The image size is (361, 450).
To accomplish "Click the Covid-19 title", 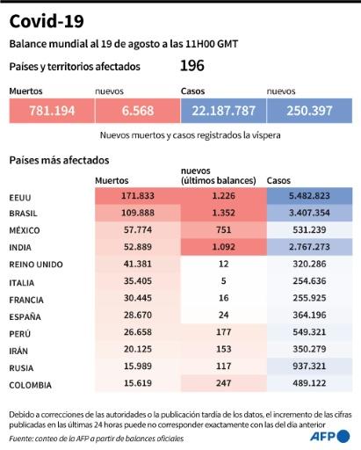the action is tap(47, 21).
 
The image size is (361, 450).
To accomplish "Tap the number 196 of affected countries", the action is tap(192, 66).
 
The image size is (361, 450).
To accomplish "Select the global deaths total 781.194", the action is tap(52, 111).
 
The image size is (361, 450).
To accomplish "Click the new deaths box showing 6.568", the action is tap(138, 111).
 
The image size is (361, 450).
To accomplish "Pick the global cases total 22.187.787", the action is tap(223, 111).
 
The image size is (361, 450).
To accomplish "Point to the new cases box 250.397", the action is tap(309, 111).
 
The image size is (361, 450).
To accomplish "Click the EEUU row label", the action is tap(20, 198).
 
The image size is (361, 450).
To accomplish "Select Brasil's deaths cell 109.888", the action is tap(138, 213).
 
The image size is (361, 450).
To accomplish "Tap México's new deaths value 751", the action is tap(224, 229).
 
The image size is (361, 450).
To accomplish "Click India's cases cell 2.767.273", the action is tap(309, 247).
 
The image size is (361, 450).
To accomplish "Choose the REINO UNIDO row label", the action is tap(36, 265).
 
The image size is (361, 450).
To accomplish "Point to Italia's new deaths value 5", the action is tap(224, 281).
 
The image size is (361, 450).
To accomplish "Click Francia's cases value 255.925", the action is tap(309, 298).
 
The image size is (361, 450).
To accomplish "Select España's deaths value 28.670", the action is tap(138, 315).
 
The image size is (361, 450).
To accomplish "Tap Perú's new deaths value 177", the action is tap(224, 332).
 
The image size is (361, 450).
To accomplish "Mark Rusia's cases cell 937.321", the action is tap(309, 366).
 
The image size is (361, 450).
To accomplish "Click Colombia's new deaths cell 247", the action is tap(224, 383).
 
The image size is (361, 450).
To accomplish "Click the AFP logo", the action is tap(330, 436).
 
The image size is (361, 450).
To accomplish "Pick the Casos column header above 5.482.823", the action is tap(278, 180).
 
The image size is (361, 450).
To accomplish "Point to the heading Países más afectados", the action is tap(59, 160).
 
